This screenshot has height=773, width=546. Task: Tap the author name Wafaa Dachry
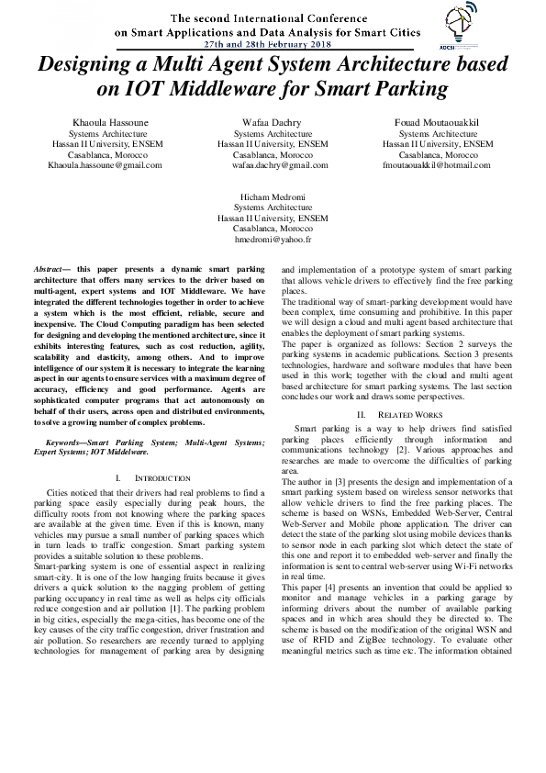[272, 122]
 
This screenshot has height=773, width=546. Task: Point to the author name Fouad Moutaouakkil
[438, 122]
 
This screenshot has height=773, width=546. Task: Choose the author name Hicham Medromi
[272, 197]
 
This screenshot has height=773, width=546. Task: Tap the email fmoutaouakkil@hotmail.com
[438, 165]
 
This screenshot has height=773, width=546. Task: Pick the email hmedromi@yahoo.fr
[272, 239]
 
